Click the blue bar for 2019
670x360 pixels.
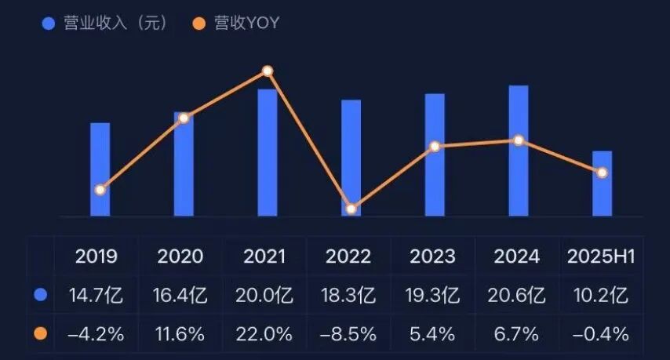click(x=100, y=169)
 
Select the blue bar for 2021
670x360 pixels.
click(x=268, y=153)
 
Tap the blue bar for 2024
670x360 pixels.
click(x=519, y=151)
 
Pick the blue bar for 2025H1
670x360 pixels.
click(x=602, y=184)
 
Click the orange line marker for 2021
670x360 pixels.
click(x=268, y=71)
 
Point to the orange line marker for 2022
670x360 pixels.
click(x=351, y=209)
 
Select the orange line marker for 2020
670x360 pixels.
click(x=184, y=118)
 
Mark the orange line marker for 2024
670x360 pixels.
click(x=519, y=140)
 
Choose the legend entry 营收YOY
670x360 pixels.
click(x=235, y=24)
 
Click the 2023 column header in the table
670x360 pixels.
click(x=432, y=256)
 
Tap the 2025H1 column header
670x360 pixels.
click(x=602, y=256)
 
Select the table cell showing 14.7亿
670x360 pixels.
click(x=96, y=296)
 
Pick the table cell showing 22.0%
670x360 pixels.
click(x=264, y=334)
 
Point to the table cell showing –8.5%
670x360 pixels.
click(x=349, y=334)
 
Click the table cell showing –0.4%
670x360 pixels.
click(x=602, y=334)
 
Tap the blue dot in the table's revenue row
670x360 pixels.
click(x=40, y=296)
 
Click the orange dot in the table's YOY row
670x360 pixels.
click(x=40, y=334)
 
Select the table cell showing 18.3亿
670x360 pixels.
click(x=349, y=296)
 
